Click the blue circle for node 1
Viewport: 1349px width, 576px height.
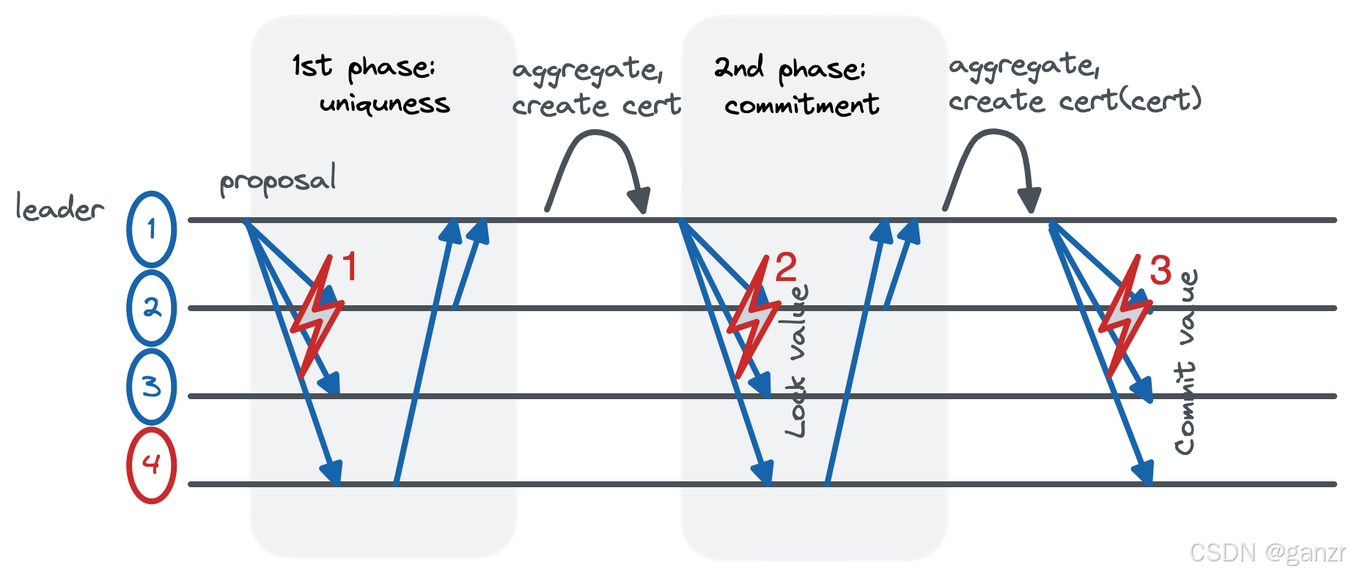tap(151, 229)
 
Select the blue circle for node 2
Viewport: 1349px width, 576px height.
tap(151, 308)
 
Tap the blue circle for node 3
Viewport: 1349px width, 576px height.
tap(151, 387)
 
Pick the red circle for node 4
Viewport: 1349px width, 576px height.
tap(151, 465)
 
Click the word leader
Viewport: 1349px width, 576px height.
tap(59, 208)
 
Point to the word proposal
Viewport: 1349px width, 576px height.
tap(278, 181)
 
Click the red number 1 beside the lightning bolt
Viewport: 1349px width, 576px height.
tap(350, 266)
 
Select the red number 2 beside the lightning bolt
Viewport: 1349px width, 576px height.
tap(785, 267)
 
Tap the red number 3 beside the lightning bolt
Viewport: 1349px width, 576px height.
tap(1160, 270)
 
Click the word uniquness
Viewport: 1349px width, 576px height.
tap(384, 104)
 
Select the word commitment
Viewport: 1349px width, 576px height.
tap(801, 105)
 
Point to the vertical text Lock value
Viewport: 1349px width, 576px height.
tap(797, 361)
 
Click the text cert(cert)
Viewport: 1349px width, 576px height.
tap(1130, 100)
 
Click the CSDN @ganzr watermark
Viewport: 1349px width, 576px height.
tap(1267, 552)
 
